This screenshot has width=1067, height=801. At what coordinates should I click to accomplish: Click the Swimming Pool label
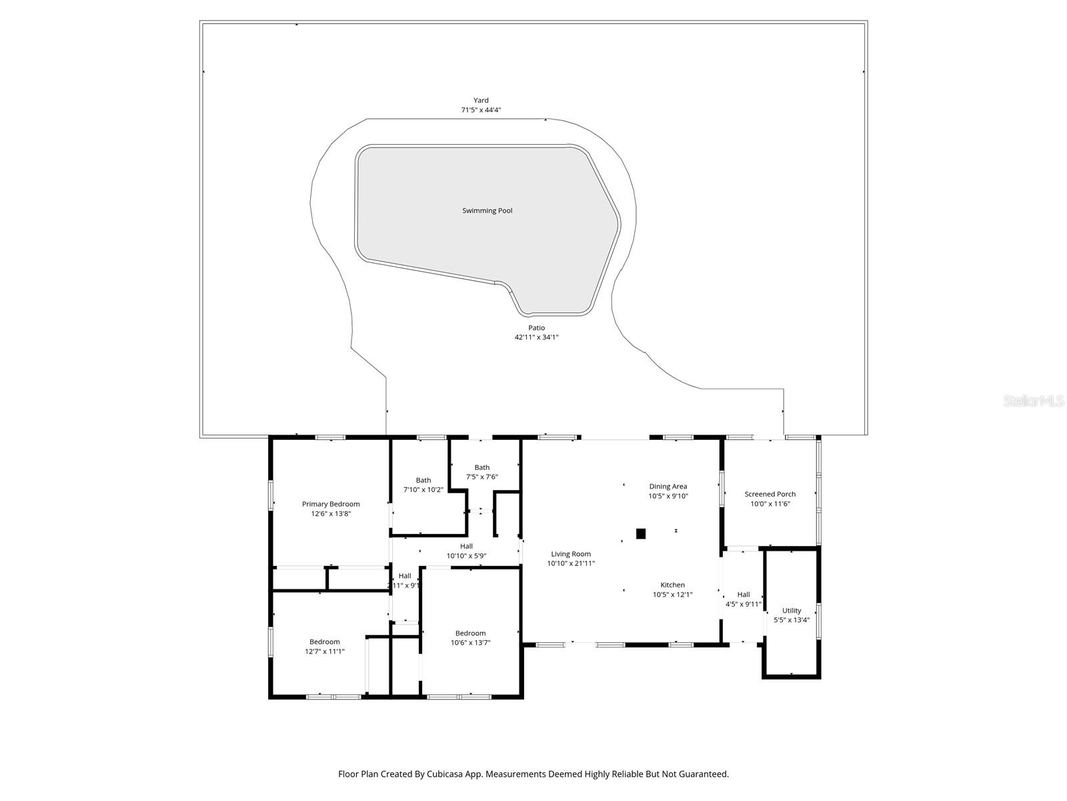point(487,210)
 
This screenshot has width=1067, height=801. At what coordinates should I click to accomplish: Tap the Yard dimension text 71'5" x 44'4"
point(481,110)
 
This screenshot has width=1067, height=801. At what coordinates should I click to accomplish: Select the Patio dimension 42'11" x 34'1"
point(536,337)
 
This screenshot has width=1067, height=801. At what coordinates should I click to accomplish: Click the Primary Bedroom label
point(331,504)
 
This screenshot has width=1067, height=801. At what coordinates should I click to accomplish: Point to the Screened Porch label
point(770,494)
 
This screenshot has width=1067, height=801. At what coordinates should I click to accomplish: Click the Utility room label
point(792,610)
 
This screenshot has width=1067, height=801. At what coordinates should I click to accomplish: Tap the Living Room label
point(571,553)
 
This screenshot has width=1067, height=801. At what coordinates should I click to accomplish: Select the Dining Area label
point(668,487)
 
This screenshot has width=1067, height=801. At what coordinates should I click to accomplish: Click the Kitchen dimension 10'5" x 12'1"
point(672,594)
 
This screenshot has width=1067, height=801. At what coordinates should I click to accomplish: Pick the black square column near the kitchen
point(641,533)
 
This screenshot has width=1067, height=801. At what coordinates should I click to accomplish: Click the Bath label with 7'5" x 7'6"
point(482,467)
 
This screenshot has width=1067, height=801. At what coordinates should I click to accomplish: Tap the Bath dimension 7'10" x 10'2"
point(423,489)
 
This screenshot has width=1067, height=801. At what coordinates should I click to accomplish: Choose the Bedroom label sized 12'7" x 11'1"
point(324,641)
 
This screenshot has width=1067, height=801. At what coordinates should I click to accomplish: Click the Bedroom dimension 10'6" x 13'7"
point(471,643)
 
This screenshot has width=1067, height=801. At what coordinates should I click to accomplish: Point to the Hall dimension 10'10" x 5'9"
point(466,555)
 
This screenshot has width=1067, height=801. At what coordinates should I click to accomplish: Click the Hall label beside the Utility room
point(744,594)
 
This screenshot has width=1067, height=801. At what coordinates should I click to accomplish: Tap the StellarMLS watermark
point(1034,401)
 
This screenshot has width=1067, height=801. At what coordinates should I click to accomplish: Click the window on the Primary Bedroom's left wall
point(271,496)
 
